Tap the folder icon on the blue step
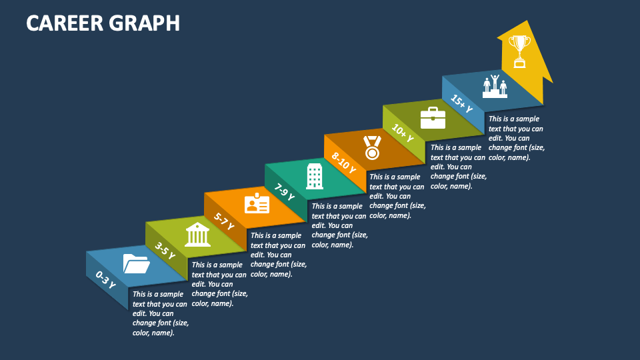[136, 264]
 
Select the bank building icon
[197, 235]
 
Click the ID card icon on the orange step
[257, 204]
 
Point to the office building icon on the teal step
[314, 176]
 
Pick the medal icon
[372, 147]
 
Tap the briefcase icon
[432, 118]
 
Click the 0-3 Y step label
[105, 279]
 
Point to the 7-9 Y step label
[285, 191]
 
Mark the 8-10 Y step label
[344, 162]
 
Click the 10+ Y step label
[403, 133]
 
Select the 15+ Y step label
[461, 103]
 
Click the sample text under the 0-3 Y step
[160, 313]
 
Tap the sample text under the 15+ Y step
[517, 138]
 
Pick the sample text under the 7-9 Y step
[339, 225]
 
